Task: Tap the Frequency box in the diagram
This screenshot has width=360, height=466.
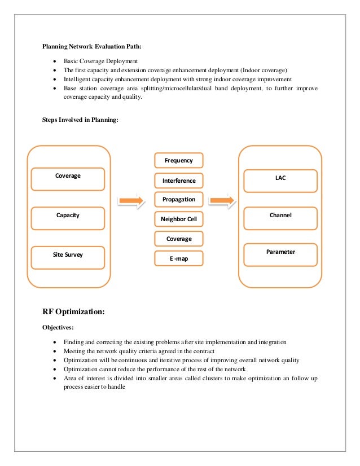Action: pyautogui.click(x=178, y=161)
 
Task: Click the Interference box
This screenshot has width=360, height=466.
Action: pyautogui.click(x=178, y=181)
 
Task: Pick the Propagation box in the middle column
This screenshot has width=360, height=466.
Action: pyautogui.click(x=178, y=200)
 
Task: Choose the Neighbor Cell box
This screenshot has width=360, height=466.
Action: pyautogui.click(x=178, y=219)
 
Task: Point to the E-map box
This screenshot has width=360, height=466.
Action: pyautogui.click(x=178, y=259)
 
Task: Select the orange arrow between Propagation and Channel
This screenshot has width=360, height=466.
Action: pyautogui.click(x=221, y=200)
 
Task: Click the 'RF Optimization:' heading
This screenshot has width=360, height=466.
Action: pyautogui.click(x=73, y=311)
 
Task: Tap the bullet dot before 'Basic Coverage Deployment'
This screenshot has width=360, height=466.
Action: pyautogui.click(x=54, y=61)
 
